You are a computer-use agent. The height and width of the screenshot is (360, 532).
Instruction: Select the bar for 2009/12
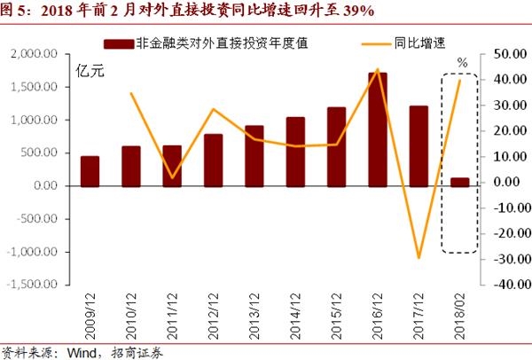coord(90,171)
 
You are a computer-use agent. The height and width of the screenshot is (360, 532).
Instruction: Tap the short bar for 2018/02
coord(460,182)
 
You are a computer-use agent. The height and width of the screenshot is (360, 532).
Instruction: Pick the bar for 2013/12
coord(254,156)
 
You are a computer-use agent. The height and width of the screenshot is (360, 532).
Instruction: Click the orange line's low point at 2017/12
coord(419,258)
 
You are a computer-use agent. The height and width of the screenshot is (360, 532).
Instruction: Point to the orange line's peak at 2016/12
coord(378,69)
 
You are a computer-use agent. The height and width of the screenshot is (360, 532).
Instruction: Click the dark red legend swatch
coord(118,43)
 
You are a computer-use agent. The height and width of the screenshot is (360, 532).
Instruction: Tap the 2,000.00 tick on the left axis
coord(35,54)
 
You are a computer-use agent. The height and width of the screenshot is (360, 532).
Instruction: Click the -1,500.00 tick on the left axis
coord(33,286)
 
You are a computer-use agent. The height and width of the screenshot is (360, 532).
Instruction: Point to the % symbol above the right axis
coord(461,62)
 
